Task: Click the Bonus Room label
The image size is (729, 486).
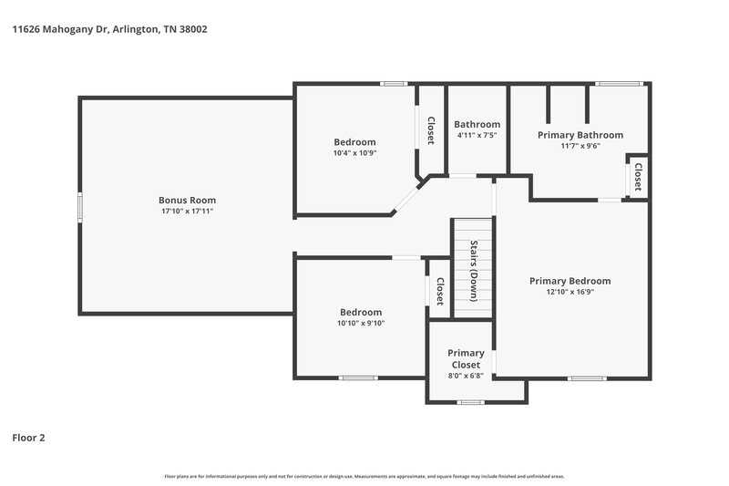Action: point(187,200)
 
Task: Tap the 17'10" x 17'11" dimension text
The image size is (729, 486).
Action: point(187,211)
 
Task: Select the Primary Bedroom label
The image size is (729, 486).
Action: point(570,281)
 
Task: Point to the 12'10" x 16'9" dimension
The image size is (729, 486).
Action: point(570,292)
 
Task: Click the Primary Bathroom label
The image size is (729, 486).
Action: point(580,135)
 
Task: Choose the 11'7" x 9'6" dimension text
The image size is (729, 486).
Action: point(580,146)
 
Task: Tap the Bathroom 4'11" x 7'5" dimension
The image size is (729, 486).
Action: point(477,136)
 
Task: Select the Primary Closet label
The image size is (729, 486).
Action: point(466,358)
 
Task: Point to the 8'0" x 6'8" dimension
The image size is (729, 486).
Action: point(466,376)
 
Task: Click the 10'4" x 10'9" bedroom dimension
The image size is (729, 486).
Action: point(354,153)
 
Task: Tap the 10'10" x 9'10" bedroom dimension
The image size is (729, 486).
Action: point(361,323)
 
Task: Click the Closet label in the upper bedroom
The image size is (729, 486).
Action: point(431,129)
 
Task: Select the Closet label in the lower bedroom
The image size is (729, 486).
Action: point(439,291)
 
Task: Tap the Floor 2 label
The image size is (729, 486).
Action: point(28,438)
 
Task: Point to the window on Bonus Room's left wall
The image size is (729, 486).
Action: point(79,206)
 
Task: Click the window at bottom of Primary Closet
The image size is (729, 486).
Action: point(470,401)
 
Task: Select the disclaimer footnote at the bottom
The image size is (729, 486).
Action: point(364,476)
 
